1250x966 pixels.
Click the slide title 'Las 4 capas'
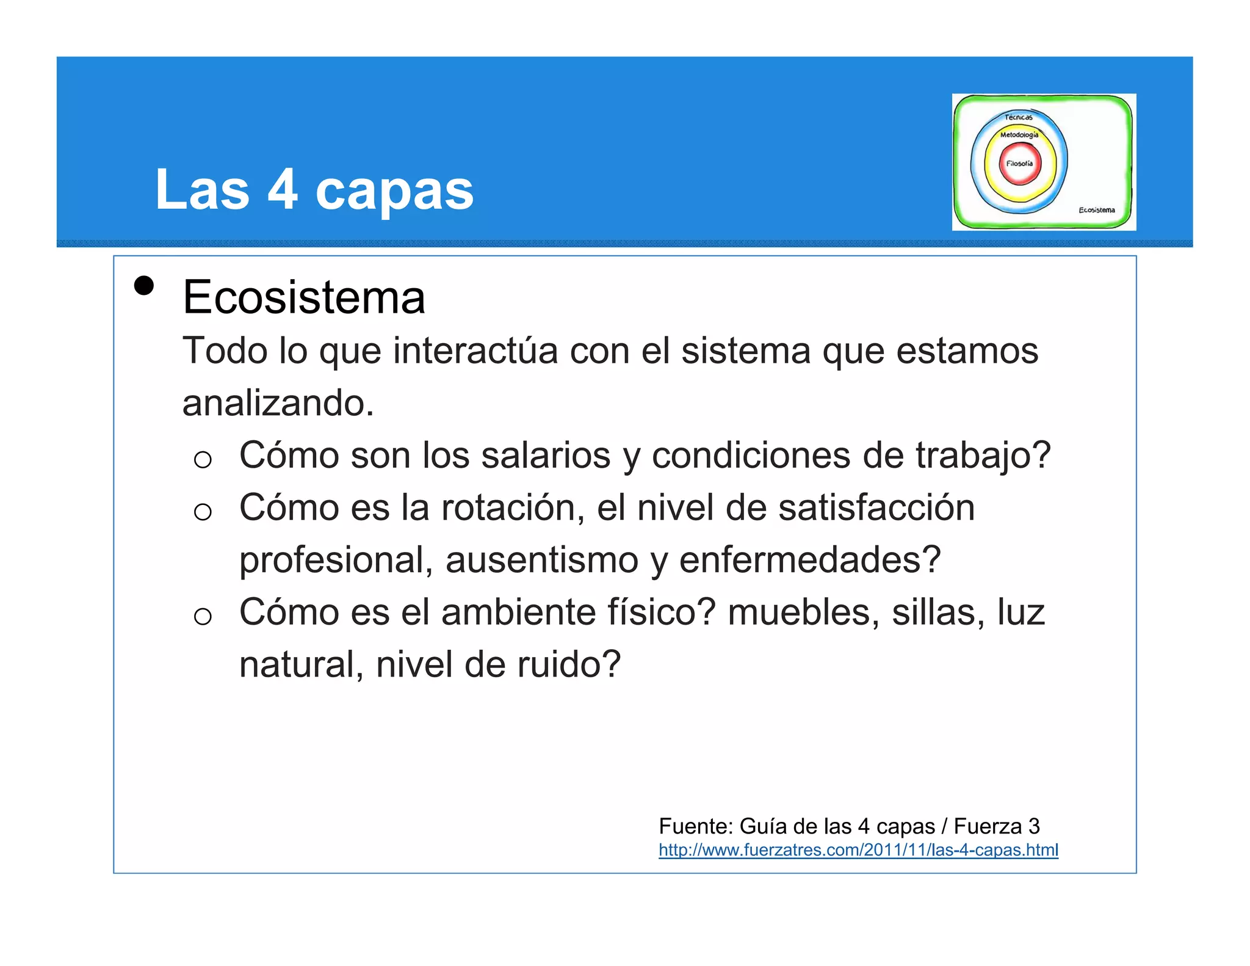click(x=314, y=189)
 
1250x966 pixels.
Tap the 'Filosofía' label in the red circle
click(x=1019, y=164)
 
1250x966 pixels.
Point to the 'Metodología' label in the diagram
click(x=1019, y=135)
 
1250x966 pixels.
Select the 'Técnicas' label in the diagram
click(x=1019, y=117)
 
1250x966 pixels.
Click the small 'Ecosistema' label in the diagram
click(x=1096, y=210)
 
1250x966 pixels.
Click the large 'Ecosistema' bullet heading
click(x=303, y=297)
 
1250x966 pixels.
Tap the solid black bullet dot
click(x=144, y=286)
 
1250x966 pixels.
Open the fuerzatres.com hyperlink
click(x=858, y=850)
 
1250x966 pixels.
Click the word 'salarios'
click(x=546, y=456)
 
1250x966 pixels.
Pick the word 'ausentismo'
click(x=542, y=560)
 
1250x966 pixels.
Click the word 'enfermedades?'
click(x=810, y=560)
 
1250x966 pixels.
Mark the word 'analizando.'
click(x=278, y=403)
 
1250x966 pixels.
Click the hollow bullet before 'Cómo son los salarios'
click(x=203, y=459)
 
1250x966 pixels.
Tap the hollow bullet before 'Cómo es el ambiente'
click(x=203, y=616)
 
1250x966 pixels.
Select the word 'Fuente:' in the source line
click(x=696, y=826)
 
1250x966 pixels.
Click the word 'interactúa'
click(x=475, y=351)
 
